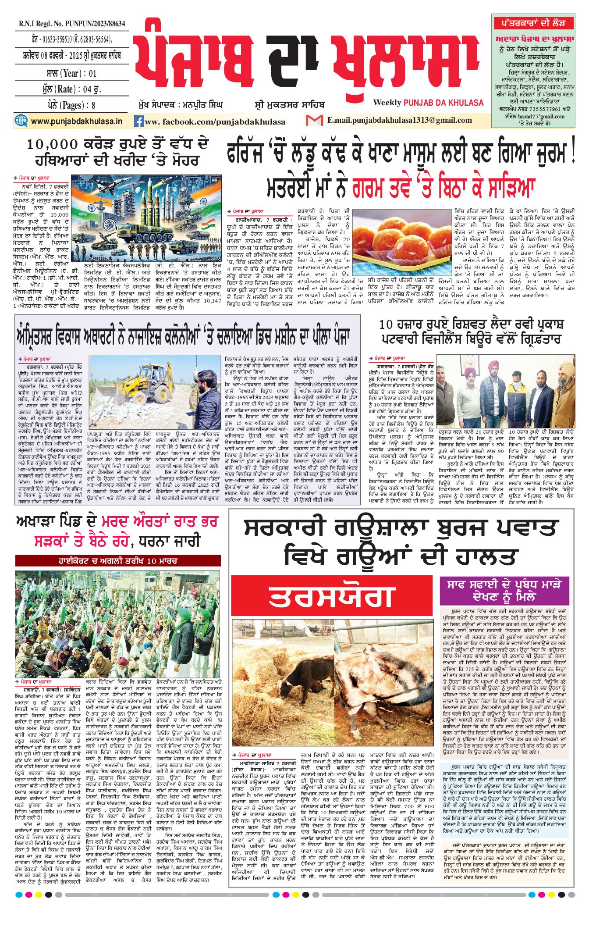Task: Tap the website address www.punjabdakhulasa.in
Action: pos(76,121)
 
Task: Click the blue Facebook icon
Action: pos(139,121)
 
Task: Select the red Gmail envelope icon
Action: pos(314,120)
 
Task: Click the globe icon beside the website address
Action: pos(21,121)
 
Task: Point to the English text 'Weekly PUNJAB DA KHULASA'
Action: pos(428,103)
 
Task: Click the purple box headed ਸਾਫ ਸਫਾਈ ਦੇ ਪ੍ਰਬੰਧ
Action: pos(506,591)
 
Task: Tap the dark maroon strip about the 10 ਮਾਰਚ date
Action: pos(117,561)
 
